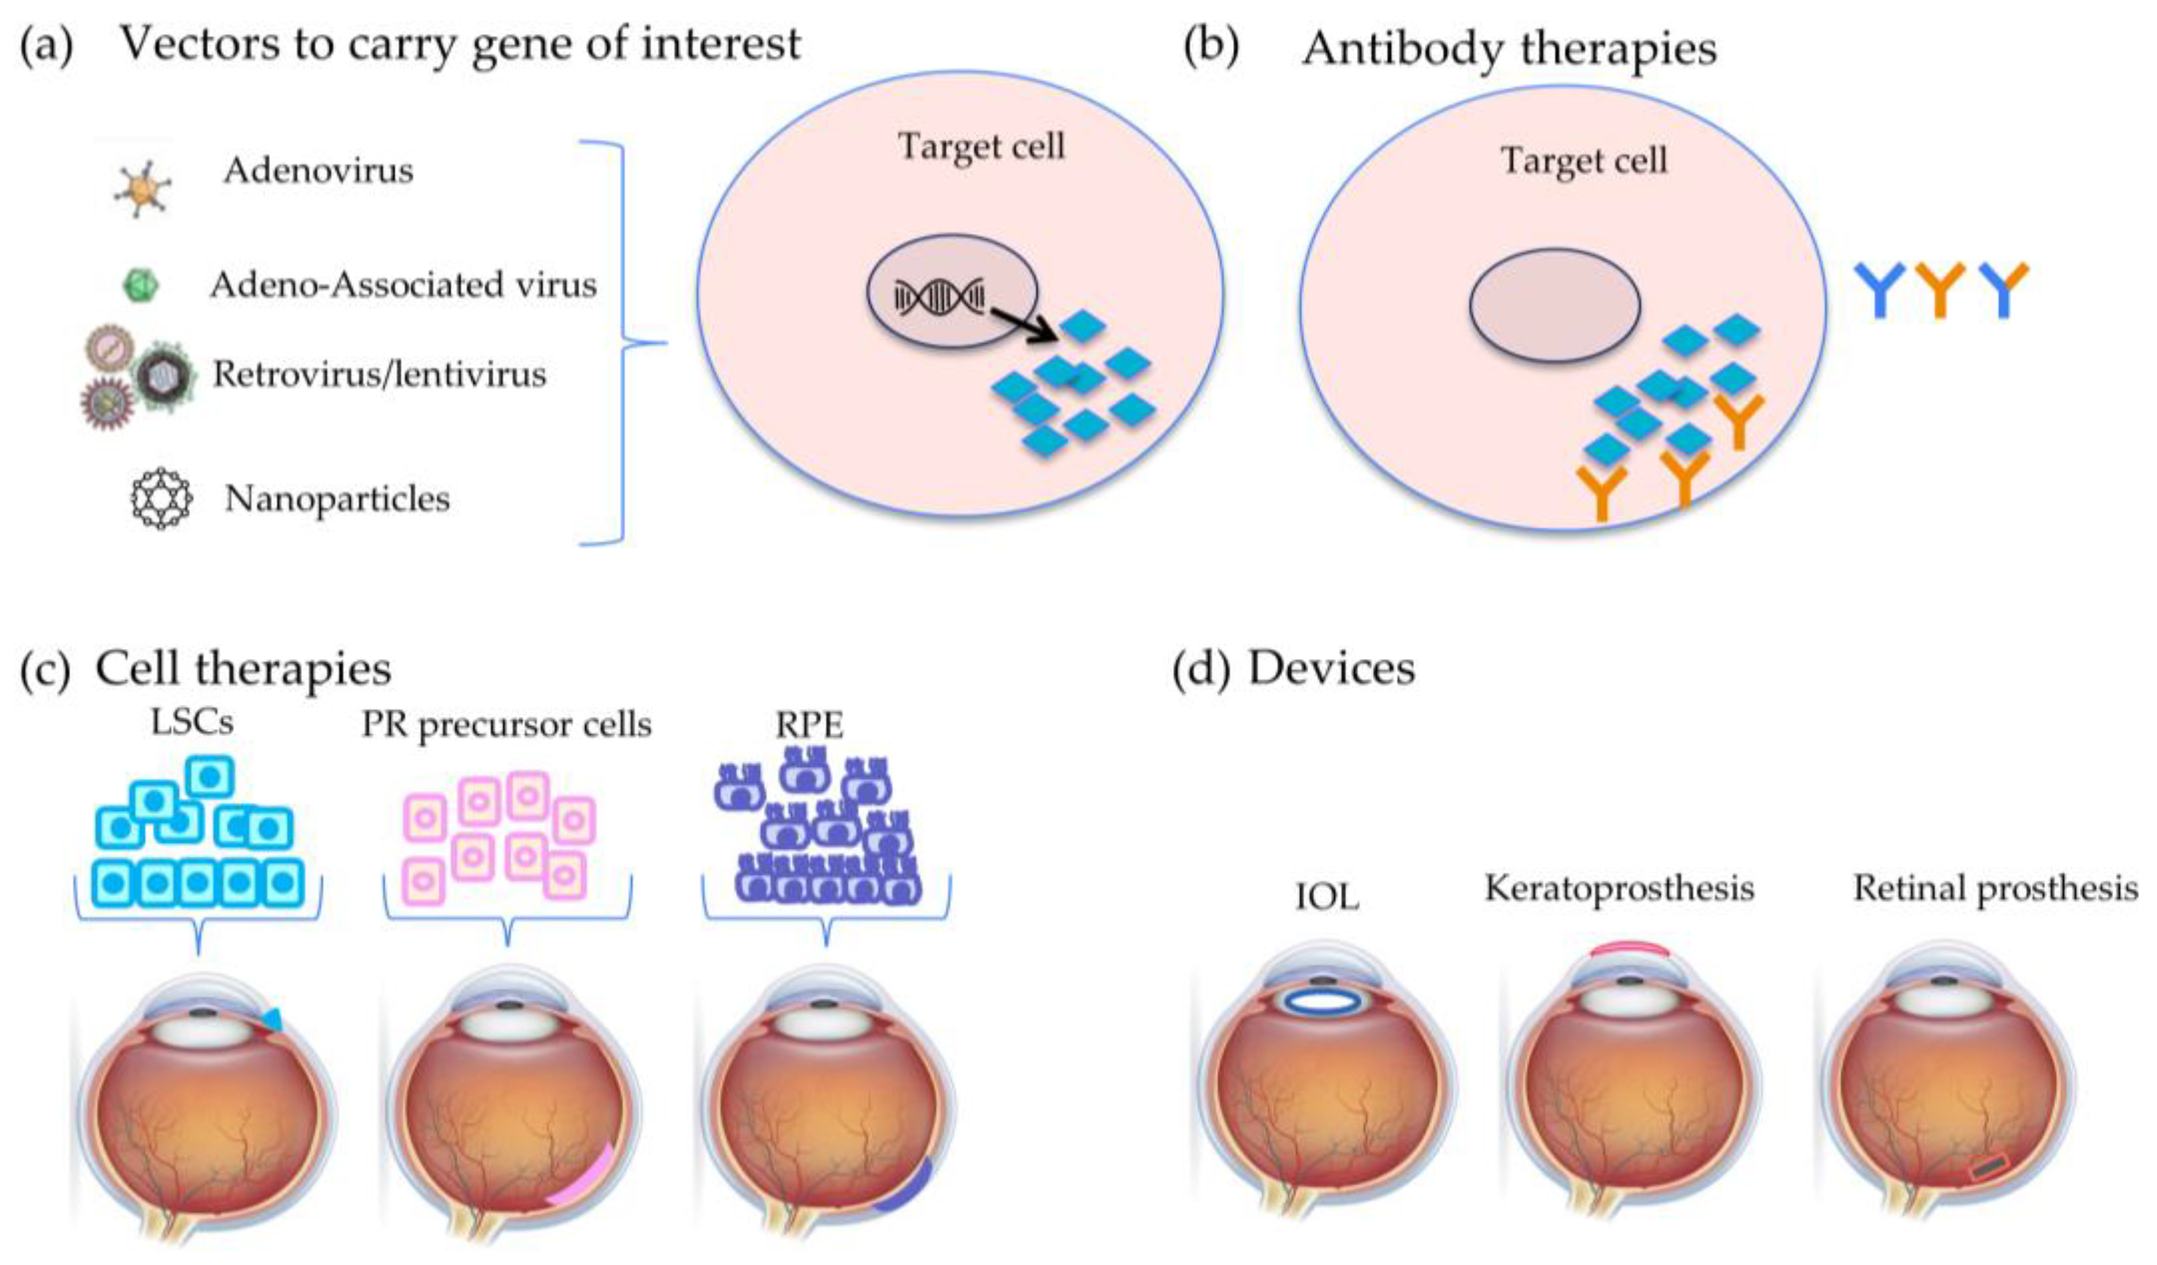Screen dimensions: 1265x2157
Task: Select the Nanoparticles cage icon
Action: (161, 498)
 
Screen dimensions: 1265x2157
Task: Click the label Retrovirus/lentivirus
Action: (379, 374)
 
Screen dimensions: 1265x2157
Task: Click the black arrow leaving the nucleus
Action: (1022, 325)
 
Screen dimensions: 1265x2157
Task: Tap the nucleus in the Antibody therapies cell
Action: (1554, 305)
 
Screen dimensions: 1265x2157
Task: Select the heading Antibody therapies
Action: (1509, 48)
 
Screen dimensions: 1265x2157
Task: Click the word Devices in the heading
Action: (1331, 668)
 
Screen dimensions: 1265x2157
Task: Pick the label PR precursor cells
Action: (506, 725)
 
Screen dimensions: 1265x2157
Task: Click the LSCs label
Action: (192, 722)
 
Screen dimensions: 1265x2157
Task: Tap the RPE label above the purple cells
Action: (809, 726)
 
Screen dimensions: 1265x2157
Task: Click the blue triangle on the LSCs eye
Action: (271, 1018)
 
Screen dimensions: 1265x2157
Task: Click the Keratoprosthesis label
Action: (1620, 889)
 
